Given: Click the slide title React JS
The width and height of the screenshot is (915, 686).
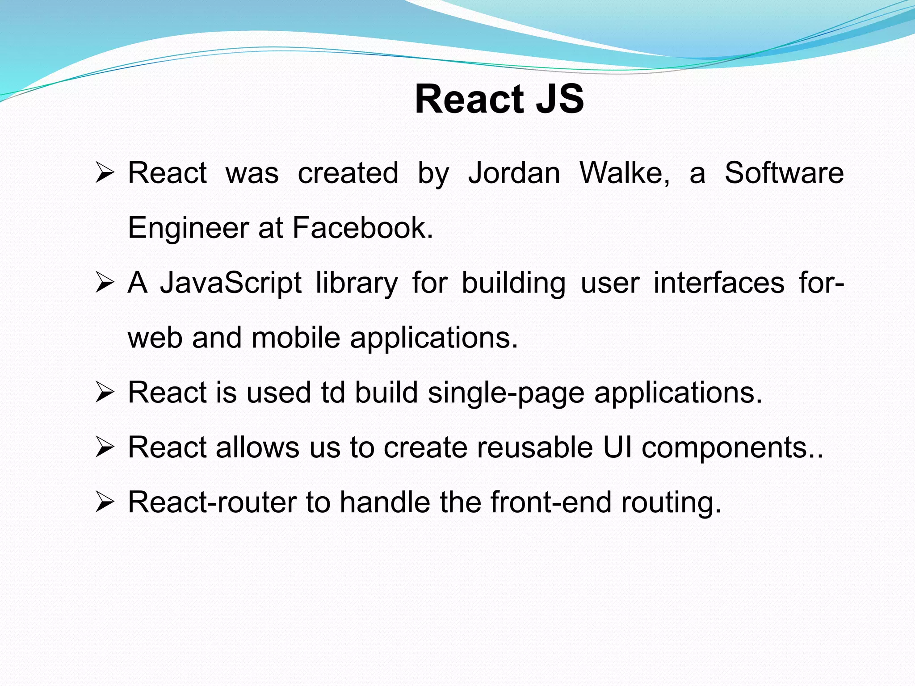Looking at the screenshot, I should click(499, 99).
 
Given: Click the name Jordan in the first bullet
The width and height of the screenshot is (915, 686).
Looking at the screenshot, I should click(514, 173).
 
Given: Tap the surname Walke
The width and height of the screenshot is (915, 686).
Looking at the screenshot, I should click(624, 173).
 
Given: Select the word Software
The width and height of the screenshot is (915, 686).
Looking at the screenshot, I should click(784, 173).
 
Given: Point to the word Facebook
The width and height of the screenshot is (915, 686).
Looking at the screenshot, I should click(362, 228).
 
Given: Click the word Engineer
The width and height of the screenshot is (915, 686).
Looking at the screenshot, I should click(188, 228).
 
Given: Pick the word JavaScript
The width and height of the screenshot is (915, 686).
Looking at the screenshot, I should click(231, 283).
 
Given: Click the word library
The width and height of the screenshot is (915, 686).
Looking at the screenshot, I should click(357, 283).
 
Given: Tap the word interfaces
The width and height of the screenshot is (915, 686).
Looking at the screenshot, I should click(719, 283).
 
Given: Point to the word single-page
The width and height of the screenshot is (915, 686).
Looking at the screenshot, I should click(506, 393).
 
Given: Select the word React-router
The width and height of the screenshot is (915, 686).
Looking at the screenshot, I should click(212, 502).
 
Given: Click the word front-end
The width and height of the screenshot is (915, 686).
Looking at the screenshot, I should click(551, 502).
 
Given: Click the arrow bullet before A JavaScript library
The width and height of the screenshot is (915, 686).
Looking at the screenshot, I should click(105, 283).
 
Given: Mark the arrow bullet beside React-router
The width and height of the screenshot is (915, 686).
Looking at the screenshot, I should click(105, 502).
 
